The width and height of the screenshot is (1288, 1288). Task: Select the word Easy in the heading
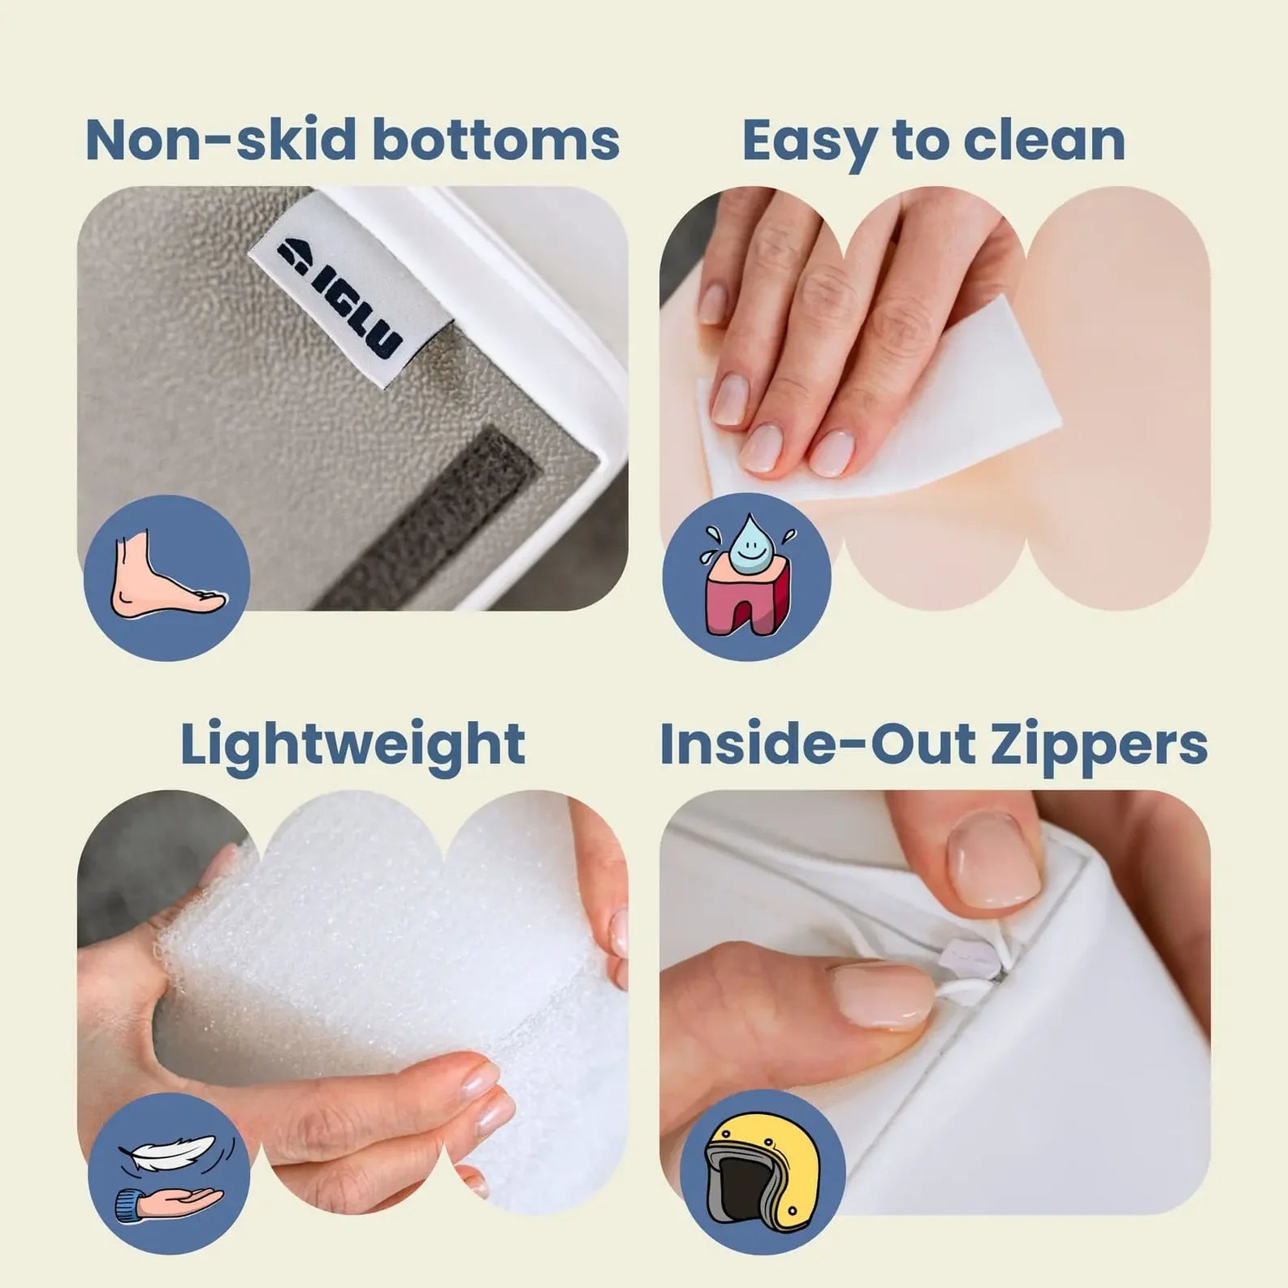point(809,141)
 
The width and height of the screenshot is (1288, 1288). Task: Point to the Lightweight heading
point(352,745)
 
